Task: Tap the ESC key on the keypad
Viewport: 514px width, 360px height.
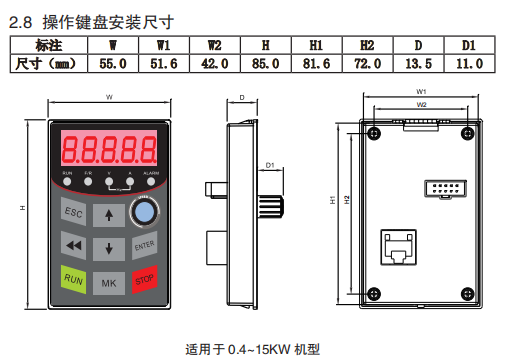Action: [x=74, y=213]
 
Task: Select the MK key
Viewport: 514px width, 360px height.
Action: [x=109, y=284]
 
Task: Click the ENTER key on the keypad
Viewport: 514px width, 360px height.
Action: [x=144, y=245]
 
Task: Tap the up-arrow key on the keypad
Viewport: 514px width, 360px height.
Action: [x=109, y=215]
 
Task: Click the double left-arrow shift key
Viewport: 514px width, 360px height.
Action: [x=72, y=245]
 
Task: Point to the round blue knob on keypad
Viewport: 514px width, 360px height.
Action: [x=145, y=212]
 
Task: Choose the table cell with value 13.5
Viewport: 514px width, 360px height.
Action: [x=417, y=64]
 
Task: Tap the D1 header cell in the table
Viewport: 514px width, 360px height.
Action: [x=468, y=46]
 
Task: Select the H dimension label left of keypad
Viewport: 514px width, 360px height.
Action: [x=21, y=208]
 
